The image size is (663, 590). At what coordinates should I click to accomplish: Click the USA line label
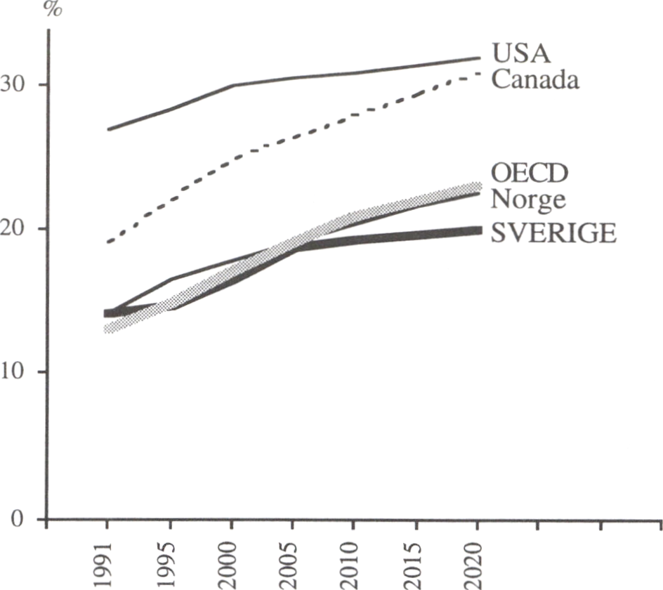pos(521,53)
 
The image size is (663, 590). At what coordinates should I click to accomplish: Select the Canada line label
pos(535,80)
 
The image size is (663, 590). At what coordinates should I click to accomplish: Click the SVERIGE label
pos(553,232)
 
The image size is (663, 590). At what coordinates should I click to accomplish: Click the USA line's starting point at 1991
pos(108,129)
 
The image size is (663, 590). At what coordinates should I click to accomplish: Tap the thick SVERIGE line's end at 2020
pos(478,230)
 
